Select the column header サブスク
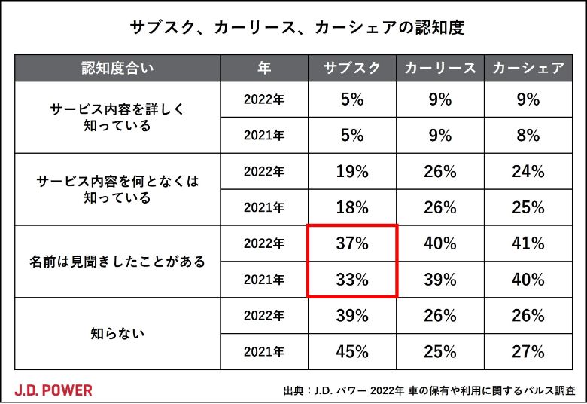352,69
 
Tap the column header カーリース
440,69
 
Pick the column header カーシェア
528,69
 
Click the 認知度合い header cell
118,69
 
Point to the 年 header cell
264,69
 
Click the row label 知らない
118,334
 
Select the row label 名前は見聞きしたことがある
118,262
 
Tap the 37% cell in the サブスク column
352,243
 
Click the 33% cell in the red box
352,280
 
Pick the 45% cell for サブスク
352,351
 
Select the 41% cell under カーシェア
528,243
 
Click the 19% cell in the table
352,171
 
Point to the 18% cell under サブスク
352,207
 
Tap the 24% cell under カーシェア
528,171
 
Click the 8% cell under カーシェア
528,136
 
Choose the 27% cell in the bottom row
528,351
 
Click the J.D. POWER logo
53,390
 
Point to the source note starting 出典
429,390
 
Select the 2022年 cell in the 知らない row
264,316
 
